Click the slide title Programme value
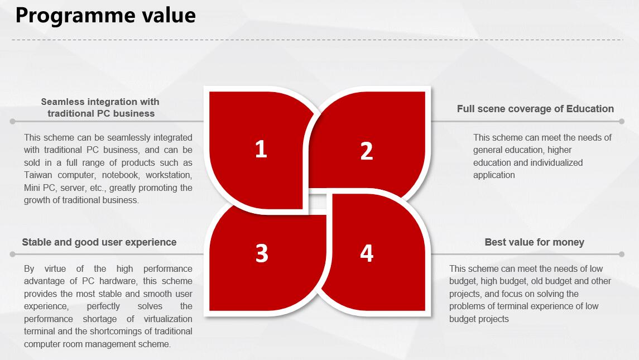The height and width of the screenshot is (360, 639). point(105,16)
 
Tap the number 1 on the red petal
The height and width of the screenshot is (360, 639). point(261,149)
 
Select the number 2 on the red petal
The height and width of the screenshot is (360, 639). point(366,151)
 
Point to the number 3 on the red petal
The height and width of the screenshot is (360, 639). point(262,253)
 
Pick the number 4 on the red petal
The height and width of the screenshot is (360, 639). point(366,253)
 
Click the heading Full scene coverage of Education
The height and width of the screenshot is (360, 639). point(535,109)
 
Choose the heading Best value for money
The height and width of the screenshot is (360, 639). point(534,242)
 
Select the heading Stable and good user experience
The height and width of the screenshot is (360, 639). point(99,242)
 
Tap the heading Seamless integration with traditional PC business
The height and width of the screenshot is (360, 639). point(100,108)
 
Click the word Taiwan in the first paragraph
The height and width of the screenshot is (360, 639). point(38,175)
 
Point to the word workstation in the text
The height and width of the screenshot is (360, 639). point(169,175)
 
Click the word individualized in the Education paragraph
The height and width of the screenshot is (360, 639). point(556,162)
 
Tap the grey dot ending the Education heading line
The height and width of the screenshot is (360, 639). point(622,121)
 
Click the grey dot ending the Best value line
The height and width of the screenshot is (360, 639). point(622,254)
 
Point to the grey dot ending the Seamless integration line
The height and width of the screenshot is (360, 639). point(13,121)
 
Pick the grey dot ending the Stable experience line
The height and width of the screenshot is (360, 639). point(13,254)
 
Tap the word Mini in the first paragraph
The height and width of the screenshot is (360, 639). point(32,188)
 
